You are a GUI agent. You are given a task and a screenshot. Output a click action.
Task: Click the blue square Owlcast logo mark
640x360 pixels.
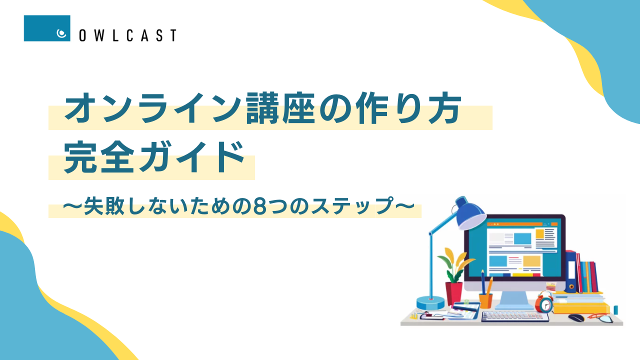47,28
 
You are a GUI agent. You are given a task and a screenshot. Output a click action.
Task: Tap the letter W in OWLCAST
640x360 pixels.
99,35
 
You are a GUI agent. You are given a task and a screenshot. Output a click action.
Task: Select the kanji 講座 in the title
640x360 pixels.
280,108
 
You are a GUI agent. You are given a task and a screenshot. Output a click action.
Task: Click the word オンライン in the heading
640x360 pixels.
153,108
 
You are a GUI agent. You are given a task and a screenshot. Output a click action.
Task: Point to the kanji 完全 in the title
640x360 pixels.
99,157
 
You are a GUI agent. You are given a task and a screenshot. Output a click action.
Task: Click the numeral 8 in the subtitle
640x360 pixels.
259,207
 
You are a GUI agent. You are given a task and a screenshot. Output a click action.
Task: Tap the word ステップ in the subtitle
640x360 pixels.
352,206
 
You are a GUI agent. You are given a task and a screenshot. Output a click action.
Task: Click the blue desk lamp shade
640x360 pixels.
469,213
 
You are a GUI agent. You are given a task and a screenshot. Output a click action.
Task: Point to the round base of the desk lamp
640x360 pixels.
430,302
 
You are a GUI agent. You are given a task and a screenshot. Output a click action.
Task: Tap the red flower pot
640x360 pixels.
453,293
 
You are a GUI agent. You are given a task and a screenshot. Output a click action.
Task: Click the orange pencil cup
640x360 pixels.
485,300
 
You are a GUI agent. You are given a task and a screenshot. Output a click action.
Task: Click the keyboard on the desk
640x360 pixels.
515,316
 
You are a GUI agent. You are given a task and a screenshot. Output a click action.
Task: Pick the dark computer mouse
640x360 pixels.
576,317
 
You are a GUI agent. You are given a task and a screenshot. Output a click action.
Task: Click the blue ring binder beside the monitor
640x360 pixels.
570,271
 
